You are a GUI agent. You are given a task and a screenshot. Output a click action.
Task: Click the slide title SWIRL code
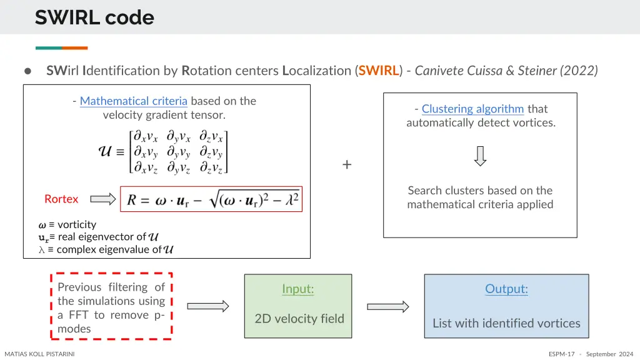click(94, 17)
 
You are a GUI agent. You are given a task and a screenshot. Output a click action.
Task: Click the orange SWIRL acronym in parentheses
click(379, 71)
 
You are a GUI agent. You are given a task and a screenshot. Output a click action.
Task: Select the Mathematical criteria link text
click(134, 101)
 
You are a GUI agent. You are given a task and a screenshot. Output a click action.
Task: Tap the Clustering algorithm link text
click(472, 109)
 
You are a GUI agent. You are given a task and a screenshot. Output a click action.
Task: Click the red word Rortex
click(61, 199)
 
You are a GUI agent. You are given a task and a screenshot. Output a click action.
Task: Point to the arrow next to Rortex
click(104, 199)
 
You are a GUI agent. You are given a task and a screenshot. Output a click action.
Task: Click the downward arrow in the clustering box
click(480, 156)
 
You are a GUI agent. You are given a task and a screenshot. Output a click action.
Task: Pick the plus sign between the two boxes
click(347, 165)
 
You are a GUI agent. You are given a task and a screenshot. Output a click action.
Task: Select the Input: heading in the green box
click(297, 289)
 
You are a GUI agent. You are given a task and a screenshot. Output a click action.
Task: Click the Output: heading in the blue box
click(506, 289)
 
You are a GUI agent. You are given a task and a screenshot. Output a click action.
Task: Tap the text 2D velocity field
click(299, 319)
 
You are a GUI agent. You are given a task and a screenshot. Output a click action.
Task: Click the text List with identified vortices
click(506, 323)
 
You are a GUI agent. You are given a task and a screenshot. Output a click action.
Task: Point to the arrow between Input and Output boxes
click(387, 306)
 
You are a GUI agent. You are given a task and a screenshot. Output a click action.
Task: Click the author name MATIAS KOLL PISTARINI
click(40, 354)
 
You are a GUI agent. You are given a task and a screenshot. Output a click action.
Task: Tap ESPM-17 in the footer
click(561, 354)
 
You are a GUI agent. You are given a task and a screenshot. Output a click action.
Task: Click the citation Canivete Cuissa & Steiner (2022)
click(506, 71)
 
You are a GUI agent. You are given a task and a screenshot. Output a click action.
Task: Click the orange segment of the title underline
click(75, 48)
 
